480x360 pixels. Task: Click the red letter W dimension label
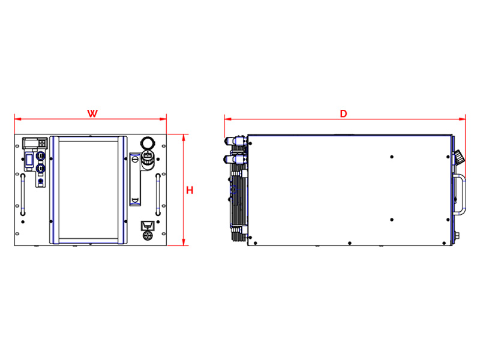click(x=92, y=113)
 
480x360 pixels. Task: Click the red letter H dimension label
click(x=190, y=190)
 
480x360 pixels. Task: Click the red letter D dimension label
click(x=343, y=114)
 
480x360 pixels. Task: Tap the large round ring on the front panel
click(x=148, y=143)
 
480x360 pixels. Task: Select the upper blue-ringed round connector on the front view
click(x=40, y=156)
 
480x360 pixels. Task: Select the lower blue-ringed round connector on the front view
click(x=40, y=168)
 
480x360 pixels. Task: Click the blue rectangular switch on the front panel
click(x=29, y=160)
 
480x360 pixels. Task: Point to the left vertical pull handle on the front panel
click(x=23, y=194)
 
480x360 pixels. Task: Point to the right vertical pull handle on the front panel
click(x=158, y=194)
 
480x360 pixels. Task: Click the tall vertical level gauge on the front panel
click(x=135, y=179)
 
